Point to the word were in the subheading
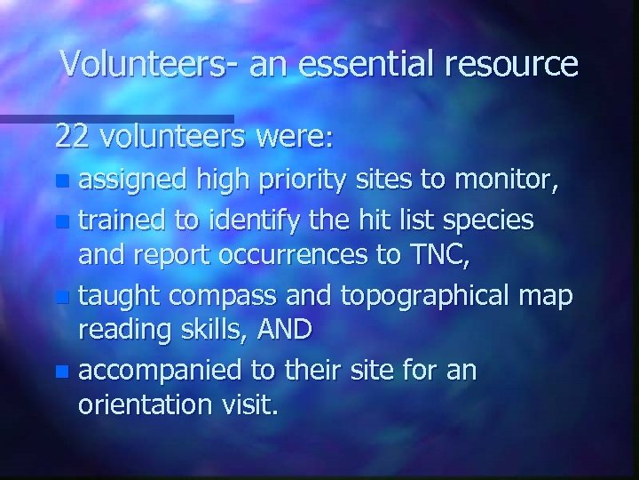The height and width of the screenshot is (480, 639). click(290, 138)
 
